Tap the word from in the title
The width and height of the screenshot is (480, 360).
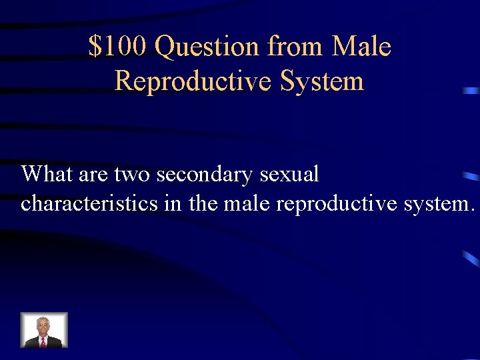point(295,47)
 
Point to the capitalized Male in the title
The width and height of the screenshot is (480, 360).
point(361,47)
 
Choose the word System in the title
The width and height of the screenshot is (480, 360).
point(322,81)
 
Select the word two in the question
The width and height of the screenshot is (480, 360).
point(133,175)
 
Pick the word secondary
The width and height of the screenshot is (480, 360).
point(206,175)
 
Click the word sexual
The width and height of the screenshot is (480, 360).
point(290,175)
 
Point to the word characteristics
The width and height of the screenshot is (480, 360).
point(89,203)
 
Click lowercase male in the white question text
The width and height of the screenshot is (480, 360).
point(247,203)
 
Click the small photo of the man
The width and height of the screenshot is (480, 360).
point(44,330)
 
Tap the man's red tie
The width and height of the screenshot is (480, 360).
point(43,342)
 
